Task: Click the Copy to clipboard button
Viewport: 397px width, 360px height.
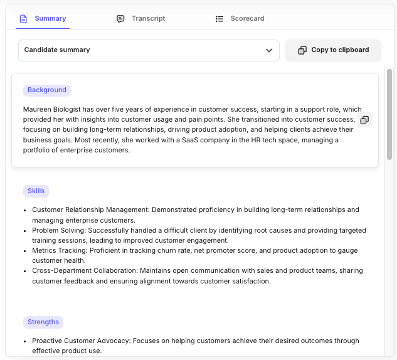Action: click(333, 50)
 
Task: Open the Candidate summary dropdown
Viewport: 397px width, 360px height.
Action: click(148, 50)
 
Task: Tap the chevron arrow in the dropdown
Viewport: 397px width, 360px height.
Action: click(269, 50)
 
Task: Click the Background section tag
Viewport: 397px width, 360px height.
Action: click(47, 90)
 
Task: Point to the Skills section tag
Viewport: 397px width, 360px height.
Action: click(36, 191)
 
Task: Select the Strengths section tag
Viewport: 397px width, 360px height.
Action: click(43, 322)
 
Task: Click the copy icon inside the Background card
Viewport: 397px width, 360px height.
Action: click(364, 120)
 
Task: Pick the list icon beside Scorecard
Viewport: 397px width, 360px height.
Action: click(220, 19)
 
